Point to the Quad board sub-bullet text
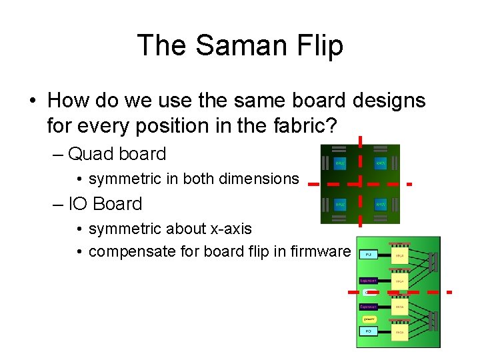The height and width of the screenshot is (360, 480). tap(117, 153)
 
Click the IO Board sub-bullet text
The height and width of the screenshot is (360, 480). tap(105, 203)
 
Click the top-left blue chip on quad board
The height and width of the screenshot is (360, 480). tap(340, 162)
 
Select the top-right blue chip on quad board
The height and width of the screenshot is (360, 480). tap(381, 162)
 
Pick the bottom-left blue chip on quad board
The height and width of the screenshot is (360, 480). tap(340, 204)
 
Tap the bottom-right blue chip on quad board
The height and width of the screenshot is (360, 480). tap(381, 204)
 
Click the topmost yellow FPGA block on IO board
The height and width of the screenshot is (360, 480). tap(399, 257)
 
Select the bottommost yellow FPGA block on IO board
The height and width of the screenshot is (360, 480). tap(399, 331)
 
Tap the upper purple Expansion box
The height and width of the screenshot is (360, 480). tap(369, 281)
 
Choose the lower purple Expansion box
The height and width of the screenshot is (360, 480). tap(369, 307)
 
